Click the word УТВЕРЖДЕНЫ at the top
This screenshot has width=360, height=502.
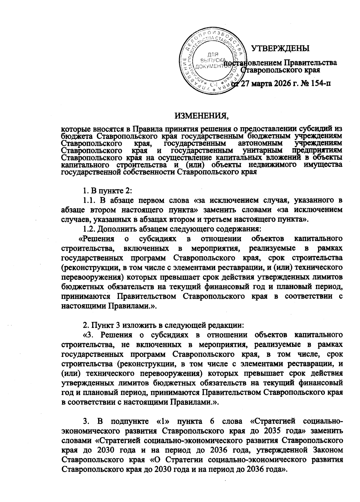[280, 48]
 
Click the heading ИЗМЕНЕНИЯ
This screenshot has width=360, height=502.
[200, 115]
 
